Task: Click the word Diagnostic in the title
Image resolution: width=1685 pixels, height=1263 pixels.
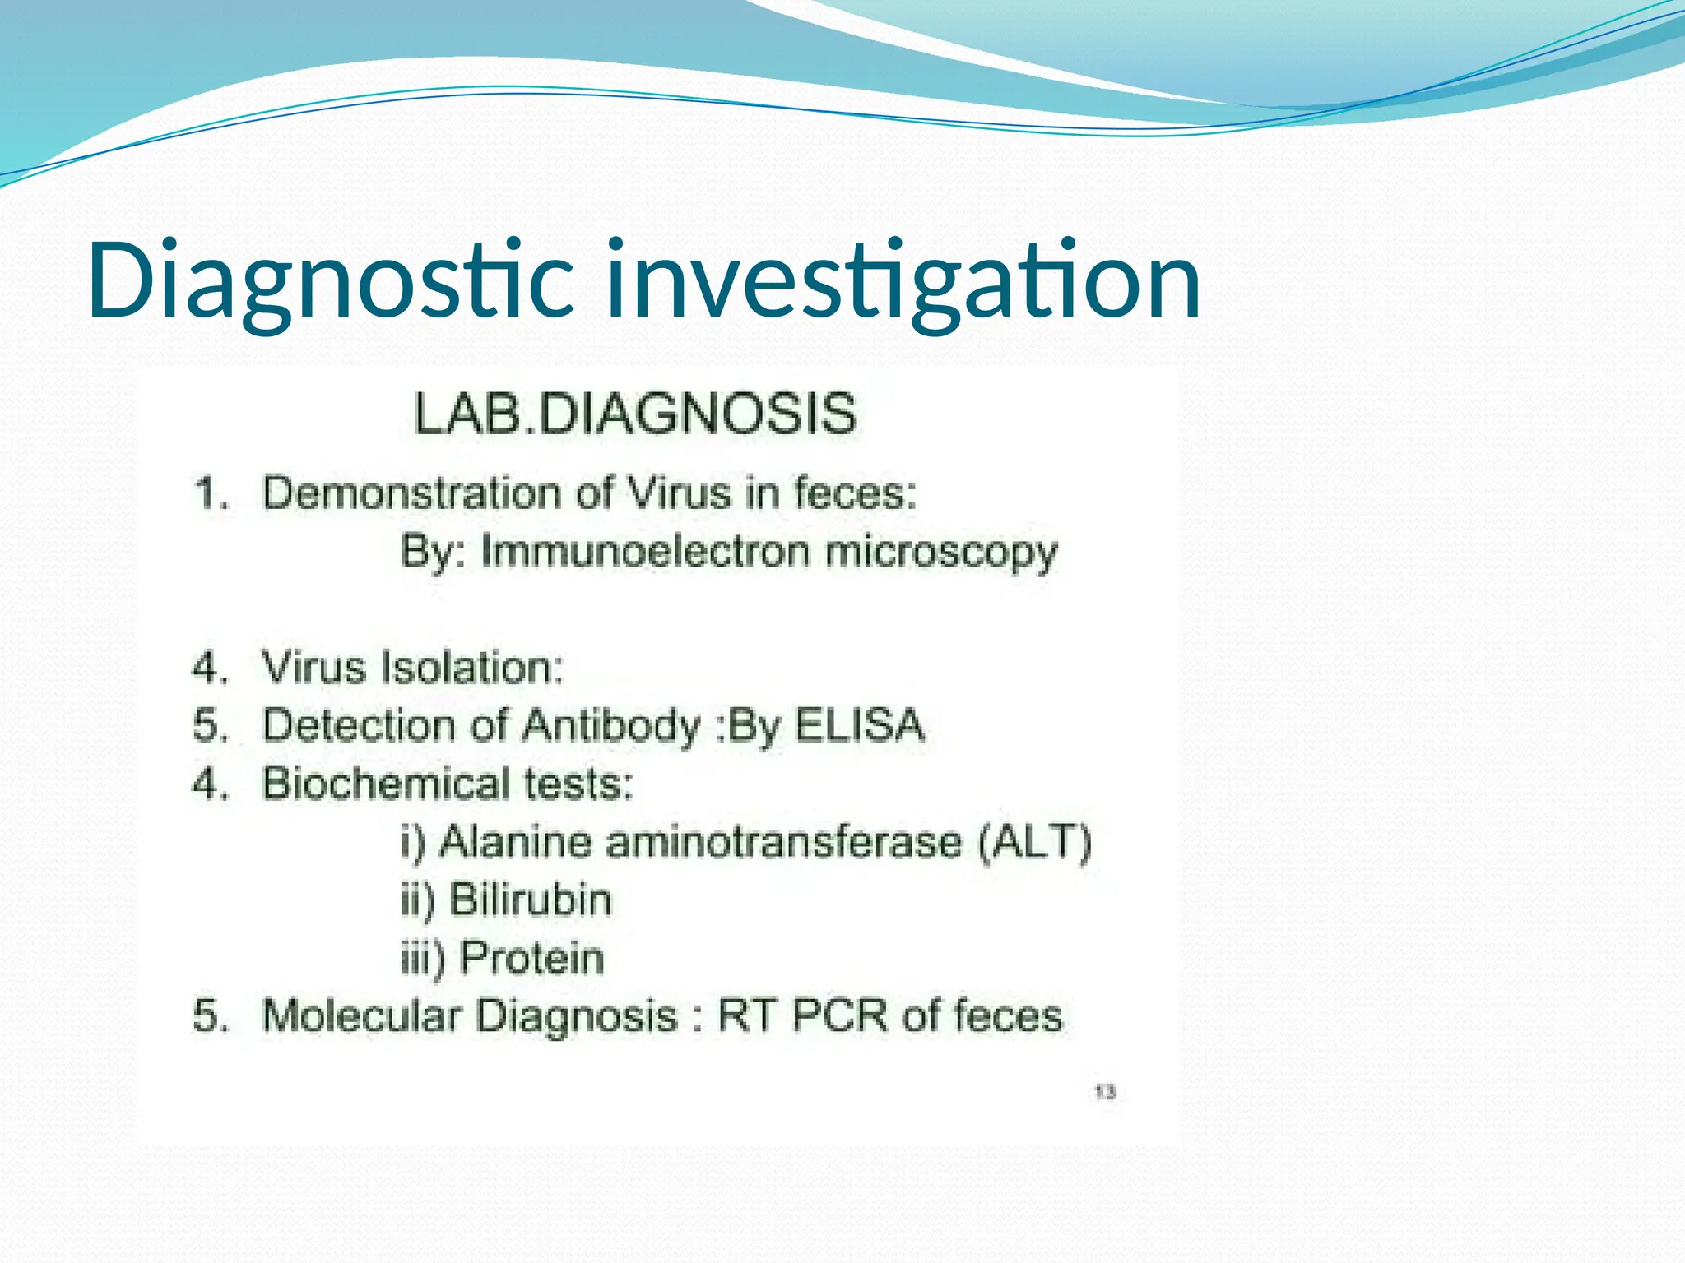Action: [x=329, y=281]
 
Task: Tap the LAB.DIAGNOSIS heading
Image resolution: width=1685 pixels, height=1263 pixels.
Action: [x=635, y=414]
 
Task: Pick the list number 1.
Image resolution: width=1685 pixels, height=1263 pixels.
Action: [x=209, y=494]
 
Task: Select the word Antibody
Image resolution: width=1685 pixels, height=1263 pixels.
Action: [x=610, y=726]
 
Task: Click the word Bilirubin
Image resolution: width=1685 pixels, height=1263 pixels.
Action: [x=531, y=900]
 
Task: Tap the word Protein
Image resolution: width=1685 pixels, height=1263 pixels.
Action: [x=531, y=958]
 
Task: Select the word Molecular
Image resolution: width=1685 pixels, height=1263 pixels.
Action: [x=360, y=1015]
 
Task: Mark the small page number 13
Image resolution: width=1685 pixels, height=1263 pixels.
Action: [x=1105, y=1092]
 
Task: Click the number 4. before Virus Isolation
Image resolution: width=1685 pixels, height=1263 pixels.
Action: [x=209, y=668]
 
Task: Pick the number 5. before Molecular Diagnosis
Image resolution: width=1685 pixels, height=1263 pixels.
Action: [x=209, y=1016]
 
